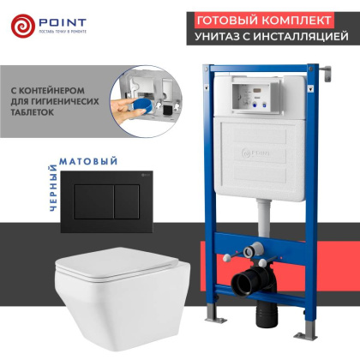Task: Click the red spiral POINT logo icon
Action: pyautogui.click(x=22, y=26)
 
